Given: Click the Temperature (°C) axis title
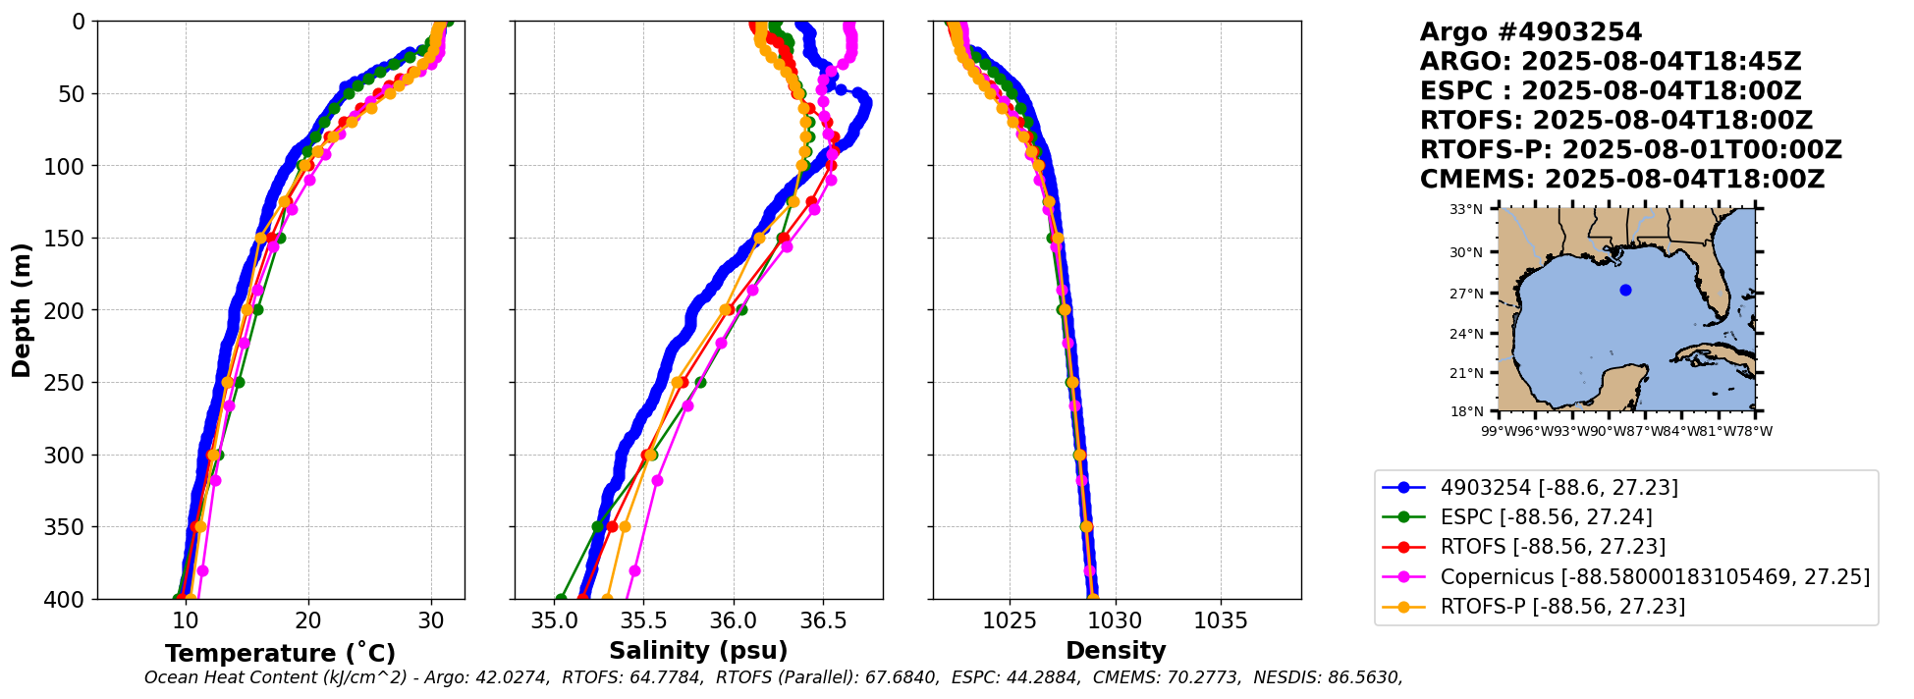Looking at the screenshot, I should [x=280, y=653].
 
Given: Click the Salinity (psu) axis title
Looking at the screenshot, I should [x=698, y=651].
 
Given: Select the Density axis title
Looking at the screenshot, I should [x=1116, y=651].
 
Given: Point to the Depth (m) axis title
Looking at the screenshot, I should [x=22, y=310].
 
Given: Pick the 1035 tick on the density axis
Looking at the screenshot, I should [x=1221, y=620].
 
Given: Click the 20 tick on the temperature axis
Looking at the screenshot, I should [x=308, y=620].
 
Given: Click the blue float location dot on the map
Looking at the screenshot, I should [x=1625, y=290].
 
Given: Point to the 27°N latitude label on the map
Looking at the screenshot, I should [x=1466, y=294].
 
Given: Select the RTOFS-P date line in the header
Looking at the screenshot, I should [x=1630, y=150].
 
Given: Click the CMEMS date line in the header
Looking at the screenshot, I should [x=1621, y=180].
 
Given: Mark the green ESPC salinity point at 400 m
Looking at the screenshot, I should [x=561, y=599].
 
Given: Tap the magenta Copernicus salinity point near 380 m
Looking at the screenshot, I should [x=634, y=570].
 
